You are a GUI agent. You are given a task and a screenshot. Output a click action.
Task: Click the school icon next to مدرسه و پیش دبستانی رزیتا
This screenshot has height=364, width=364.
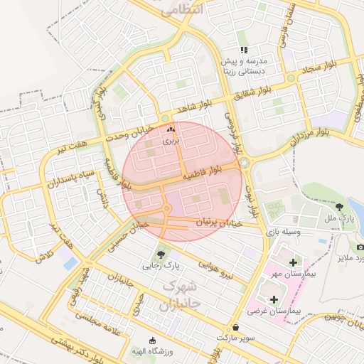pos(244,50)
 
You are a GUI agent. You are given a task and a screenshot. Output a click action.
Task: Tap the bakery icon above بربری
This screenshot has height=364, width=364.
pos(169,130)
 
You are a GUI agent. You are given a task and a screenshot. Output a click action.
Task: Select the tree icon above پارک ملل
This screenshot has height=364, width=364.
pos(338,206)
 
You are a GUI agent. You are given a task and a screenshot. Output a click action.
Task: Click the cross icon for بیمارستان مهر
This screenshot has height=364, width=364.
pos(293,263)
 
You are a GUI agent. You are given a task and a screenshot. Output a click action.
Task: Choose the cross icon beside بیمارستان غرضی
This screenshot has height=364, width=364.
pos(274,299)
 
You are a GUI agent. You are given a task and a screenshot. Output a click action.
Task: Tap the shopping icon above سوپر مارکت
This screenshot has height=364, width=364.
pos(235,327)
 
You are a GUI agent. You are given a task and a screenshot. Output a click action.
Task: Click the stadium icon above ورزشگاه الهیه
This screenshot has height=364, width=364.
pos(151,340)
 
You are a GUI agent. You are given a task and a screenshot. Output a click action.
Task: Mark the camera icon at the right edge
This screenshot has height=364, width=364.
pos(360,246)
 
